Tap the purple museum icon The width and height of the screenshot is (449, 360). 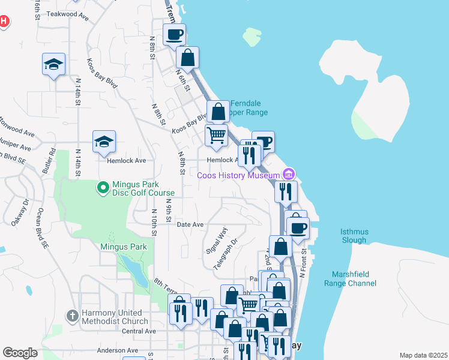289,175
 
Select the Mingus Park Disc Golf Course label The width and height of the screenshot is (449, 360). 142,188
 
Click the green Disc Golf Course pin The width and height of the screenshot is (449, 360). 103,188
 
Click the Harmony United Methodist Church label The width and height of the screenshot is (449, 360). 113,317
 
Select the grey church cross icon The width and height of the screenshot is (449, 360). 71,316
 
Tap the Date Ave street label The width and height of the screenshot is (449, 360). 191,224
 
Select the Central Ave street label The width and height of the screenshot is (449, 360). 139,331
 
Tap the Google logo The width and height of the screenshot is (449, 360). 20,352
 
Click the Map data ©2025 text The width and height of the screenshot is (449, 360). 423,355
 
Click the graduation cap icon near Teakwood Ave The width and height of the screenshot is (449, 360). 53,64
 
